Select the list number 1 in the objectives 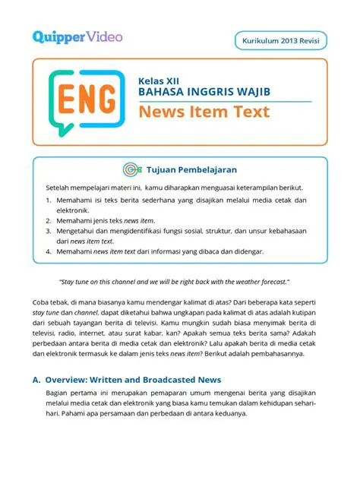pos(48,201)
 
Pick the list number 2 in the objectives pos(48,219)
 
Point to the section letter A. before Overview pos(36,380)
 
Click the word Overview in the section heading pos(70,380)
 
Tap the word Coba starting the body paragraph pos(42,300)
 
